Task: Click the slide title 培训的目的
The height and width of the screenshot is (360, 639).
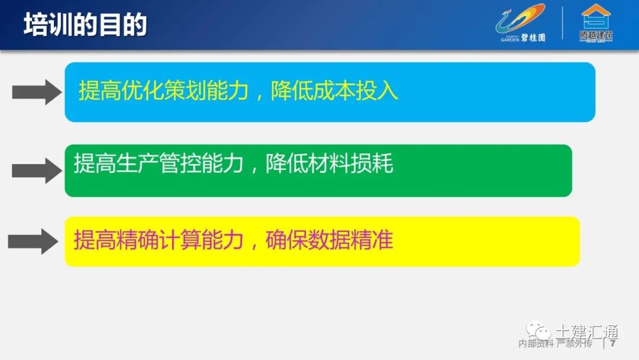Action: [86, 26]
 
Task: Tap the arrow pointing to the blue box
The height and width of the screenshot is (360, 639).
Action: [37, 92]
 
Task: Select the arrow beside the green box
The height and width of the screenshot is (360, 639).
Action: [37, 171]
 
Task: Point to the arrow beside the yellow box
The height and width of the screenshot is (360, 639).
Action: [33, 242]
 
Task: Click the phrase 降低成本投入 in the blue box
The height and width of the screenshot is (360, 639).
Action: [334, 92]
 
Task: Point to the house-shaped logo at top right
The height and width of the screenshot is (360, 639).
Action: [596, 16]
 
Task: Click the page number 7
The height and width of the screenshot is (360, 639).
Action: [613, 343]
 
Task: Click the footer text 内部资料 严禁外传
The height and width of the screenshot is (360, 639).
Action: [555, 344]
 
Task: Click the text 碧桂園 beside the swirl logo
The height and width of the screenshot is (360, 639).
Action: [533, 37]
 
